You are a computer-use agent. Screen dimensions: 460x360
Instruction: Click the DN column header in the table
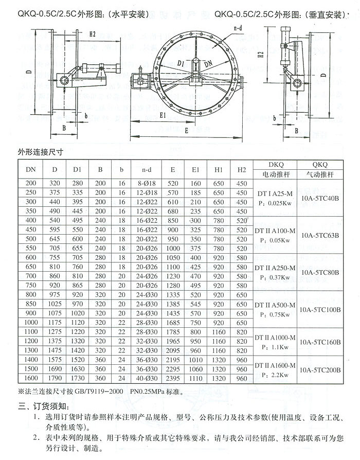coord(31,169)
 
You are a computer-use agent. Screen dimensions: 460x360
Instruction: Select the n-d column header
coord(147,169)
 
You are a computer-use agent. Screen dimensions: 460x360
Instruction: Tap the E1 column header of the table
coord(196,169)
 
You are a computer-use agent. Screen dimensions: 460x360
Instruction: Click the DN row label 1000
coord(31,322)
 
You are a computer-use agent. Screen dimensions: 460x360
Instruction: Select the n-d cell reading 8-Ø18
coord(147,184)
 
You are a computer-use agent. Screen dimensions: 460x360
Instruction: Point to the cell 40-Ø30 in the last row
coord(147,378)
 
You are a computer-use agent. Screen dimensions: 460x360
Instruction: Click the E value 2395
coord(173,378)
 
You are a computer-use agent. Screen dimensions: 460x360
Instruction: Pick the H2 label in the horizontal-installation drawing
coord(93,34)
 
